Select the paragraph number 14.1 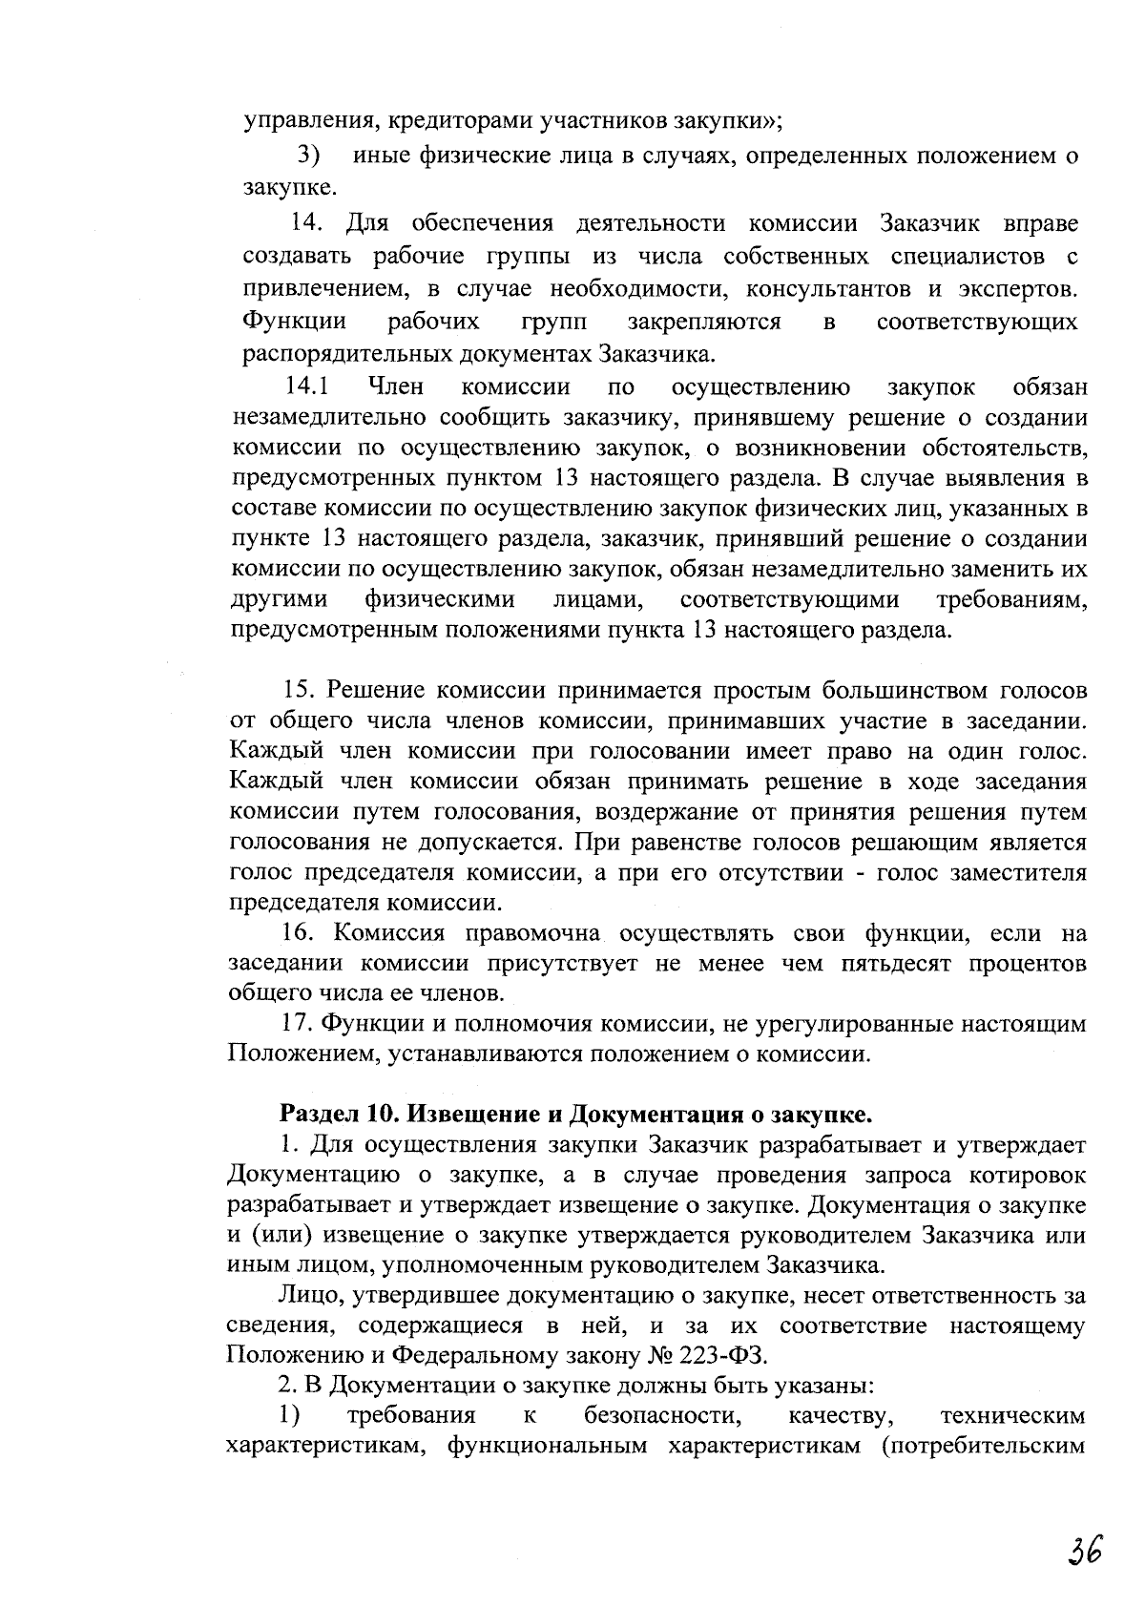click(x=307, y=387)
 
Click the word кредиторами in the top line click(x=459, y=121)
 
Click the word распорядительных click(x=338, y=354)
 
